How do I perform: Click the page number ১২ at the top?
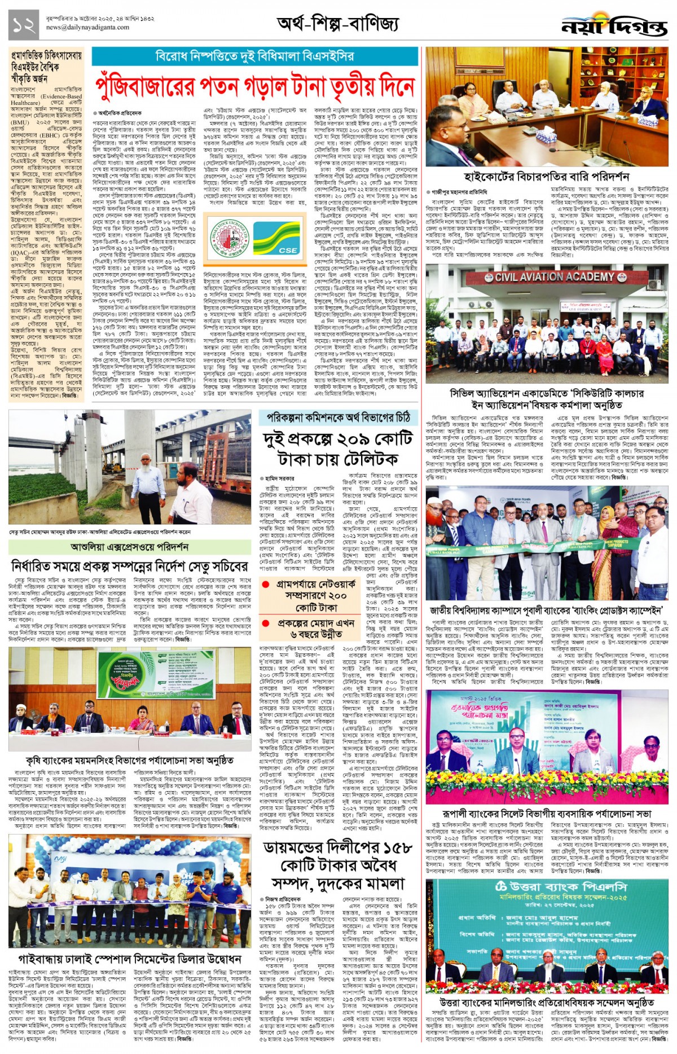tap(24, 25)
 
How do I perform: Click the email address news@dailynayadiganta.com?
tap(87, 27)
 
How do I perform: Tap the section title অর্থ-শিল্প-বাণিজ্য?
tap(337, 24)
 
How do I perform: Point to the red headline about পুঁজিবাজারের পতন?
tap(255, 86)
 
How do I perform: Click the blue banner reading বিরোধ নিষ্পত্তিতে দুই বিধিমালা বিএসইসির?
tap(255, 56)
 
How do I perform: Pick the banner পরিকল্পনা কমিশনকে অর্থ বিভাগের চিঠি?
tap(338, 418)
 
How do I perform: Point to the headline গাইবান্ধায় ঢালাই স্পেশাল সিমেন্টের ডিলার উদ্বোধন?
tap(130, 959)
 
